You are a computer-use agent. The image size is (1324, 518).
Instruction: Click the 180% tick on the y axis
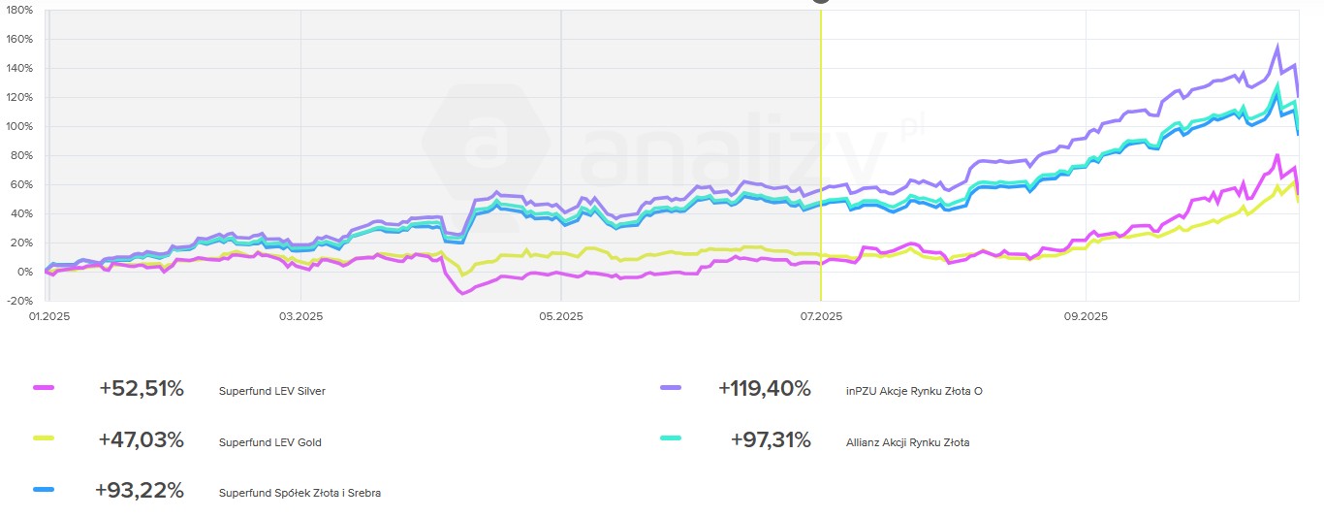[x=18, y=10]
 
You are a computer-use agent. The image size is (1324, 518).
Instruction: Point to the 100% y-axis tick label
[x=18, y=126]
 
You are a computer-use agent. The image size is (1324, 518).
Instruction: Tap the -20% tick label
[x=18, y=301]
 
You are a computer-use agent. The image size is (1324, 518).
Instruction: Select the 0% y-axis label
[x=23, y=272]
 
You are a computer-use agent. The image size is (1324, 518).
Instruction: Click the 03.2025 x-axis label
[x=300, y=316]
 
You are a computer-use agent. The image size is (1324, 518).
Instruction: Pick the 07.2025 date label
[x=820, y=316]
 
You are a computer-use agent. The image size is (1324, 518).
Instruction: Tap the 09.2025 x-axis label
[x=1086, y=316]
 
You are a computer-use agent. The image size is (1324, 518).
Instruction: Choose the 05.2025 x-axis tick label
[x=560, y=316]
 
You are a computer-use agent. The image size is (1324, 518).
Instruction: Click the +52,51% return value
[x=141, y=389]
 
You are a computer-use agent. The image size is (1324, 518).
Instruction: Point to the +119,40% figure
[x=764, y=389]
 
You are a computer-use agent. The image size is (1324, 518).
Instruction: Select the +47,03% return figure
[x=141, y=440]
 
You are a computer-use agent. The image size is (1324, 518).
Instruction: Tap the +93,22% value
[x=139, y=491]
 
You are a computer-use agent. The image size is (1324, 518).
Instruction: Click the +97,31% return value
[x=771, y=440]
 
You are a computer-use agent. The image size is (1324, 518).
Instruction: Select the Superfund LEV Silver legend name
[x=272, y=391]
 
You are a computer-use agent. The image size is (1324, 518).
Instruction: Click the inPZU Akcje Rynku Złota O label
[x=914, y=391]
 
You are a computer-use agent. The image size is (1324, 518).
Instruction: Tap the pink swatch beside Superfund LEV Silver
[x=44, y=388]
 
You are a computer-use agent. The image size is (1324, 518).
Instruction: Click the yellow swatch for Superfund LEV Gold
[x=44, y=439]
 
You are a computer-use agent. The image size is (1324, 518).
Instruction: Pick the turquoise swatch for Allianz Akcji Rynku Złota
[x=671, y=439]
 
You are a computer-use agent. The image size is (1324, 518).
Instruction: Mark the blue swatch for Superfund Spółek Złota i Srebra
[x=44, y=490]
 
